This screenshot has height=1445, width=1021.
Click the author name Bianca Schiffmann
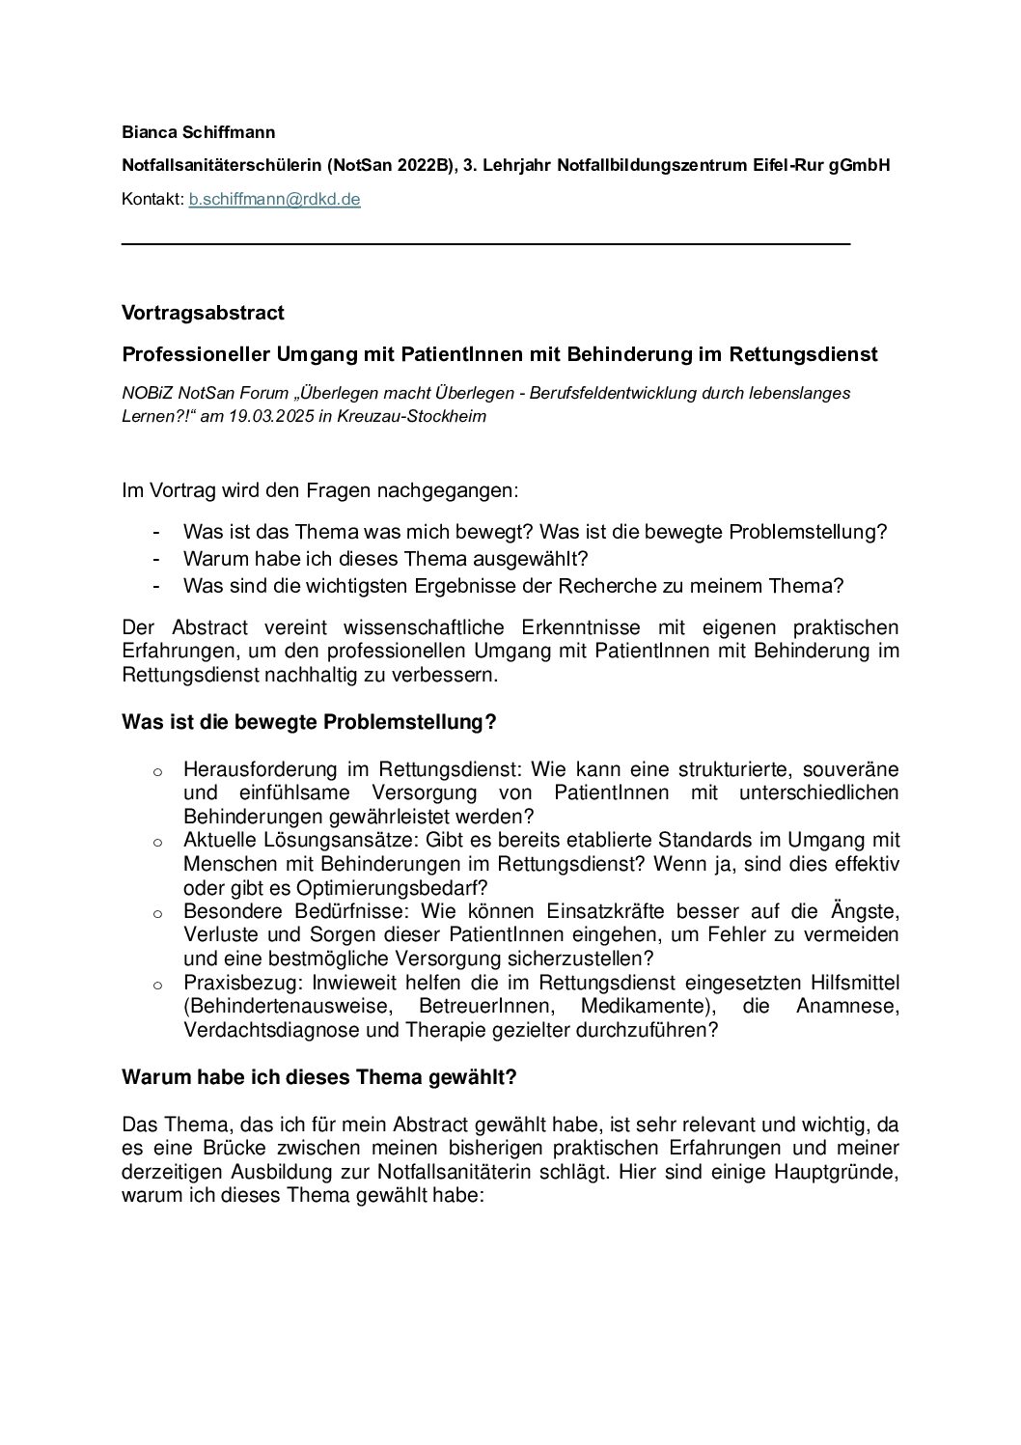(x=199, y=131)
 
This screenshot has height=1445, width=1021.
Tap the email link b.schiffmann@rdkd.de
(x=274, y=200)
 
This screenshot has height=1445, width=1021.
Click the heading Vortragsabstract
(x=203, y=313)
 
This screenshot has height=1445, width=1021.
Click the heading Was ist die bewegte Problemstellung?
(x=309, y=722)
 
